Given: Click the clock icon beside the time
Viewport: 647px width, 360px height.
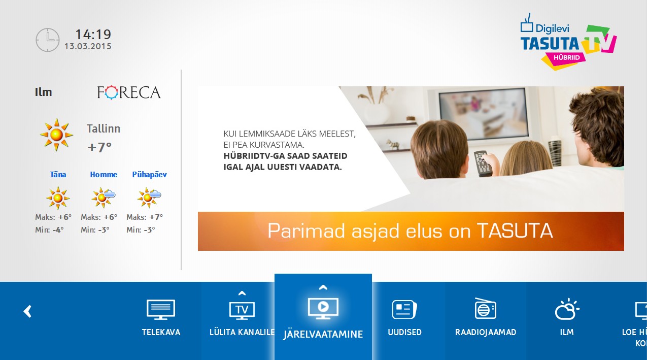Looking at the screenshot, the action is (x=48, y=40).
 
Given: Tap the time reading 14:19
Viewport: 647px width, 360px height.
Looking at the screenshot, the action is (x=93, y=35).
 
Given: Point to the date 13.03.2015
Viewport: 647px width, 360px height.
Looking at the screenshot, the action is (x=88, y=46).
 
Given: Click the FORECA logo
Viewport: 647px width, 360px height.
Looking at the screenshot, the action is (x=129, y=92).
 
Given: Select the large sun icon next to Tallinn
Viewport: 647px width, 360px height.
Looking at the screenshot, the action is (x=56, y=135).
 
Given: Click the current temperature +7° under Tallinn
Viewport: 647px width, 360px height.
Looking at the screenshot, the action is (x=99, y=147).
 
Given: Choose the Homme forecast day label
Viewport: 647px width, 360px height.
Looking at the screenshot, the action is (x=104, y=175).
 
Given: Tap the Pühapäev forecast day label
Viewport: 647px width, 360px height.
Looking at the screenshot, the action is (x=149, y=175).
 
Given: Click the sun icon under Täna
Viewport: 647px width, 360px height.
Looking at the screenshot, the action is (x=58, y=198).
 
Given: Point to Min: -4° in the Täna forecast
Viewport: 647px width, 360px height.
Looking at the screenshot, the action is (x=49, y=230).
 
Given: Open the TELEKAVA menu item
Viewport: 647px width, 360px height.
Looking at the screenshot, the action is (x=161, y=317).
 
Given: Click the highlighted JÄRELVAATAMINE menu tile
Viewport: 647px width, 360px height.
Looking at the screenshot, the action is (x=323, y=317).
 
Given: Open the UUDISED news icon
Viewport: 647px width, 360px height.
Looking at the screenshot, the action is (x=404, y=309).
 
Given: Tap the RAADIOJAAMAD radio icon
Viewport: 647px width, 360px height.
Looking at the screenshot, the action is (x=486, y=308).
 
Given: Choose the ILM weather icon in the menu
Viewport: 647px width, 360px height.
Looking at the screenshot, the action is (x=567, y=309).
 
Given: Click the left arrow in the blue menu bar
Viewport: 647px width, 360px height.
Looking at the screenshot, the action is (x=27, y=311).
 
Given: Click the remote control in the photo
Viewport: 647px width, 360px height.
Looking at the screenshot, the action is (x=483, y=163).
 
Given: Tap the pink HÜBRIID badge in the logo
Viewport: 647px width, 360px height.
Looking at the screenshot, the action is (x=566, y=57).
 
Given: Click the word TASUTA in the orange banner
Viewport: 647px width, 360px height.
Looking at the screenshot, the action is (x=515, y=231).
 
